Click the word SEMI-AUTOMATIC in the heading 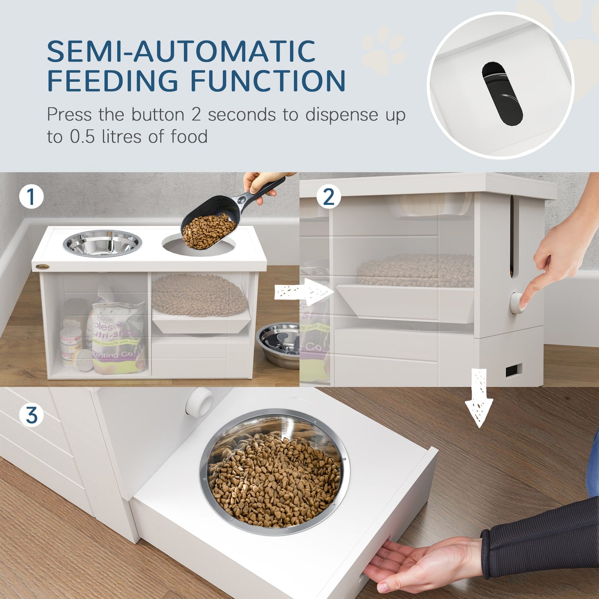(181, 51)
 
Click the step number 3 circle (32, 415)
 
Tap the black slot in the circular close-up (502, 93)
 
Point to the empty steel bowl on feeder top (102, 243)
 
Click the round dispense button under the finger (517, 303)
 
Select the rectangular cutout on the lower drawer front (514, 370)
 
